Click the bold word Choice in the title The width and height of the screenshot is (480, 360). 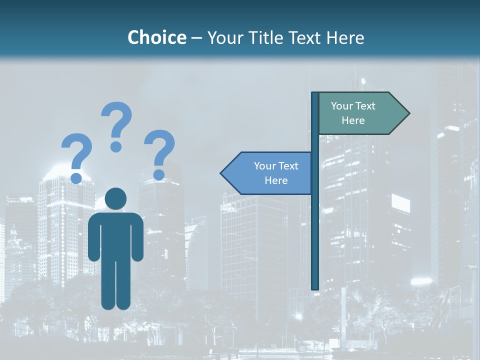pyautogui.click(x=156, y=37)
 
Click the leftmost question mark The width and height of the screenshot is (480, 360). pyautogui.click(x=76, y=152)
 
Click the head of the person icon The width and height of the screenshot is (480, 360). pyautogui.click(x=115, y=198)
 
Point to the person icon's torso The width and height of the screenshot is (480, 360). pyautogui.click(x=115, y=235)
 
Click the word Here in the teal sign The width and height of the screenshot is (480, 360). pyautogui.click(x=353, y=120)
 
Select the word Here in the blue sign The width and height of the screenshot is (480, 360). pyautogui.click(x=276, y=180)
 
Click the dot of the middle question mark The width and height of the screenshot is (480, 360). pyautogui.click(x=116, y=146)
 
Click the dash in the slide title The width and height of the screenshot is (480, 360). pyautogui.click(x=196, y=38)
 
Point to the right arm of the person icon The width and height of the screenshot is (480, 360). pyautogui.click(x=136, y=237)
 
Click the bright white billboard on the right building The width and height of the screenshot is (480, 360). pyautogui.click(x=400, y=203)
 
